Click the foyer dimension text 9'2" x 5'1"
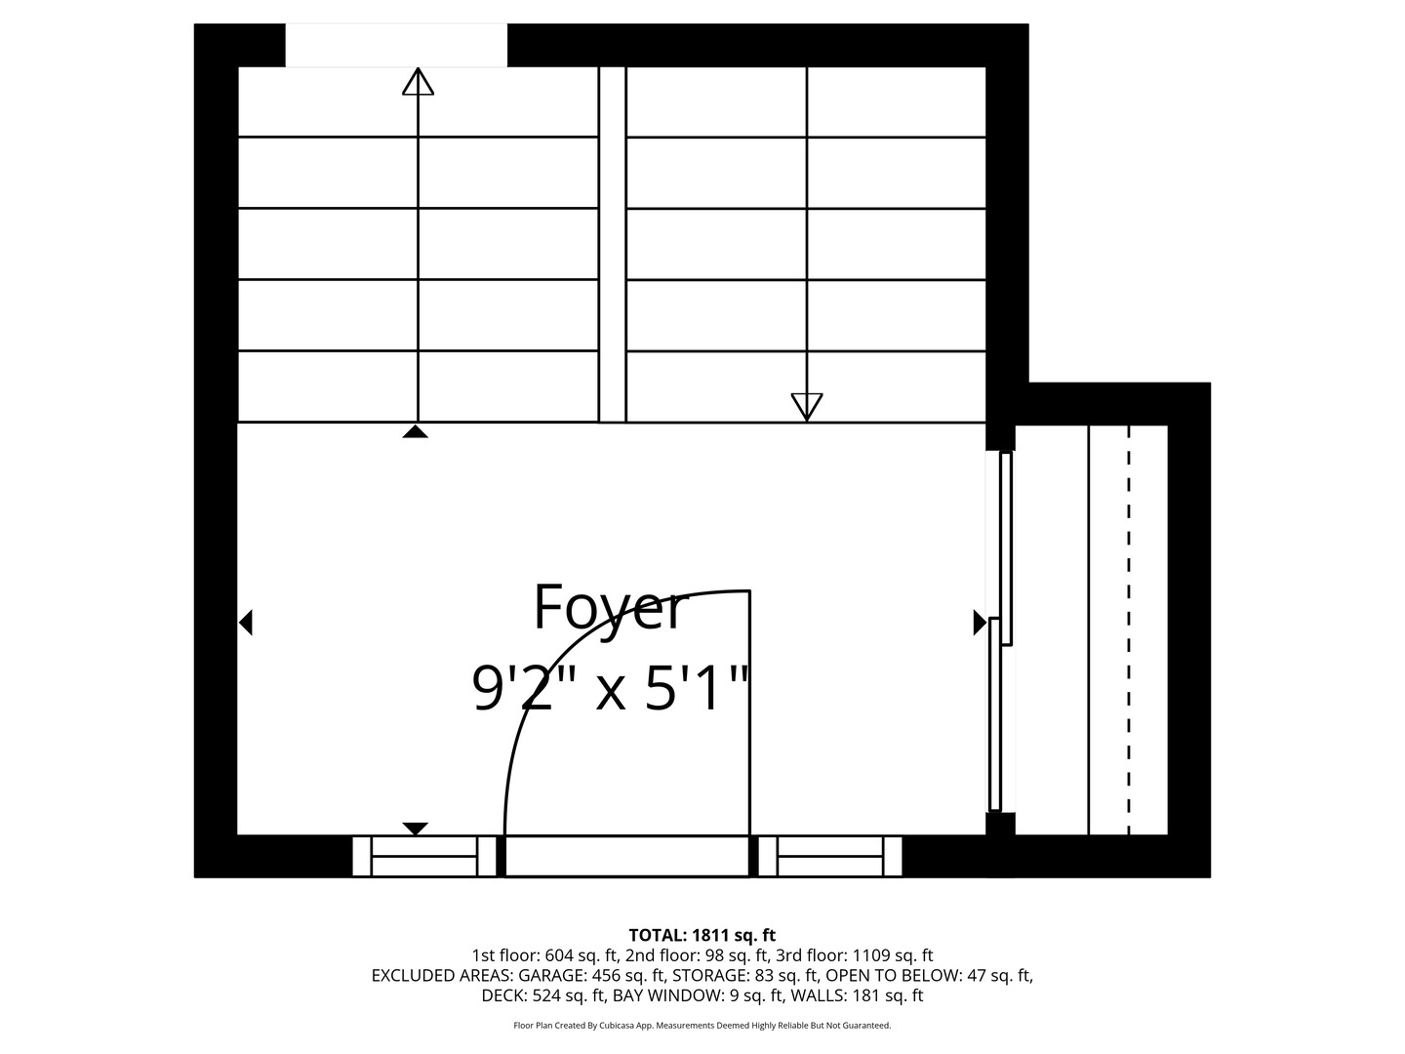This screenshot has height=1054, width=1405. [x=611, y=689]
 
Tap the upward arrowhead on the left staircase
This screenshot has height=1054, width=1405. [x=418, y=82]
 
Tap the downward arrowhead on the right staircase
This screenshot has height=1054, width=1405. [x=807, y=406]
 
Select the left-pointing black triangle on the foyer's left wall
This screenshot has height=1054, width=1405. [x=246, y=622]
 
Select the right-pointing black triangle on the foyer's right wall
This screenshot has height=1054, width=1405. [x=979, y=622]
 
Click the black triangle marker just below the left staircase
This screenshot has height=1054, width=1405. [x=416, y=431]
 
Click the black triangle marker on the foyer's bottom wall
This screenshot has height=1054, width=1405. [x=416, y=829]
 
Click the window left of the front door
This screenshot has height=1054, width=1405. [x=424, y=856]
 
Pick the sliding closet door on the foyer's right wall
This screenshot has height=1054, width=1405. [x=1001, y=630]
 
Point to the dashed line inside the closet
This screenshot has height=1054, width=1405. [x=1129, y=630]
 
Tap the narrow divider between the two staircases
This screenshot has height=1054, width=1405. [x=612, y=244]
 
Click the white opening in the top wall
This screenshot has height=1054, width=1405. [x=396, y=46]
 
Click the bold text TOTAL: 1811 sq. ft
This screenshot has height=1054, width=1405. [x=702, y=935]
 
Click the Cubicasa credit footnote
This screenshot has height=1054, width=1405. [x=702, y=1026]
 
